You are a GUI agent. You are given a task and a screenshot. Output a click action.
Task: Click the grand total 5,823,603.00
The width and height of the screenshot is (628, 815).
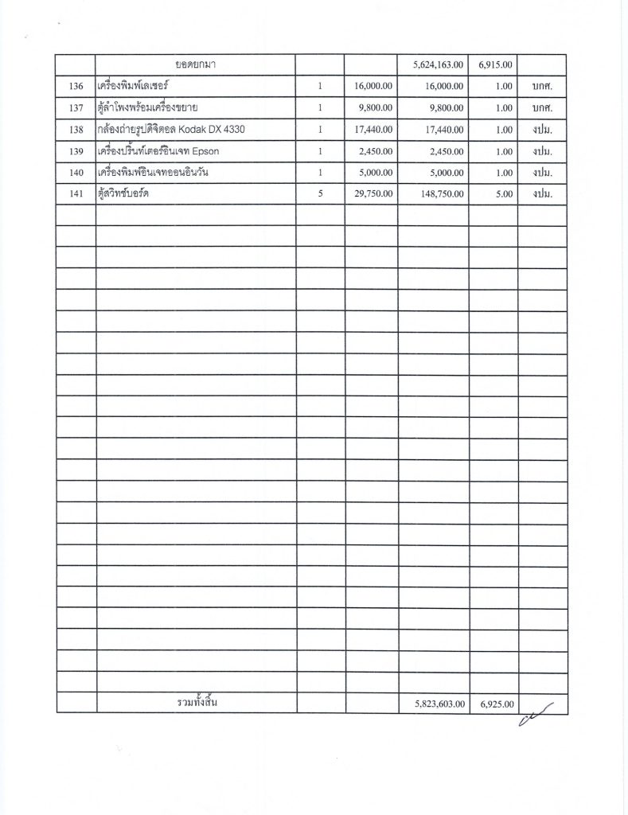tap(435, 704)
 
